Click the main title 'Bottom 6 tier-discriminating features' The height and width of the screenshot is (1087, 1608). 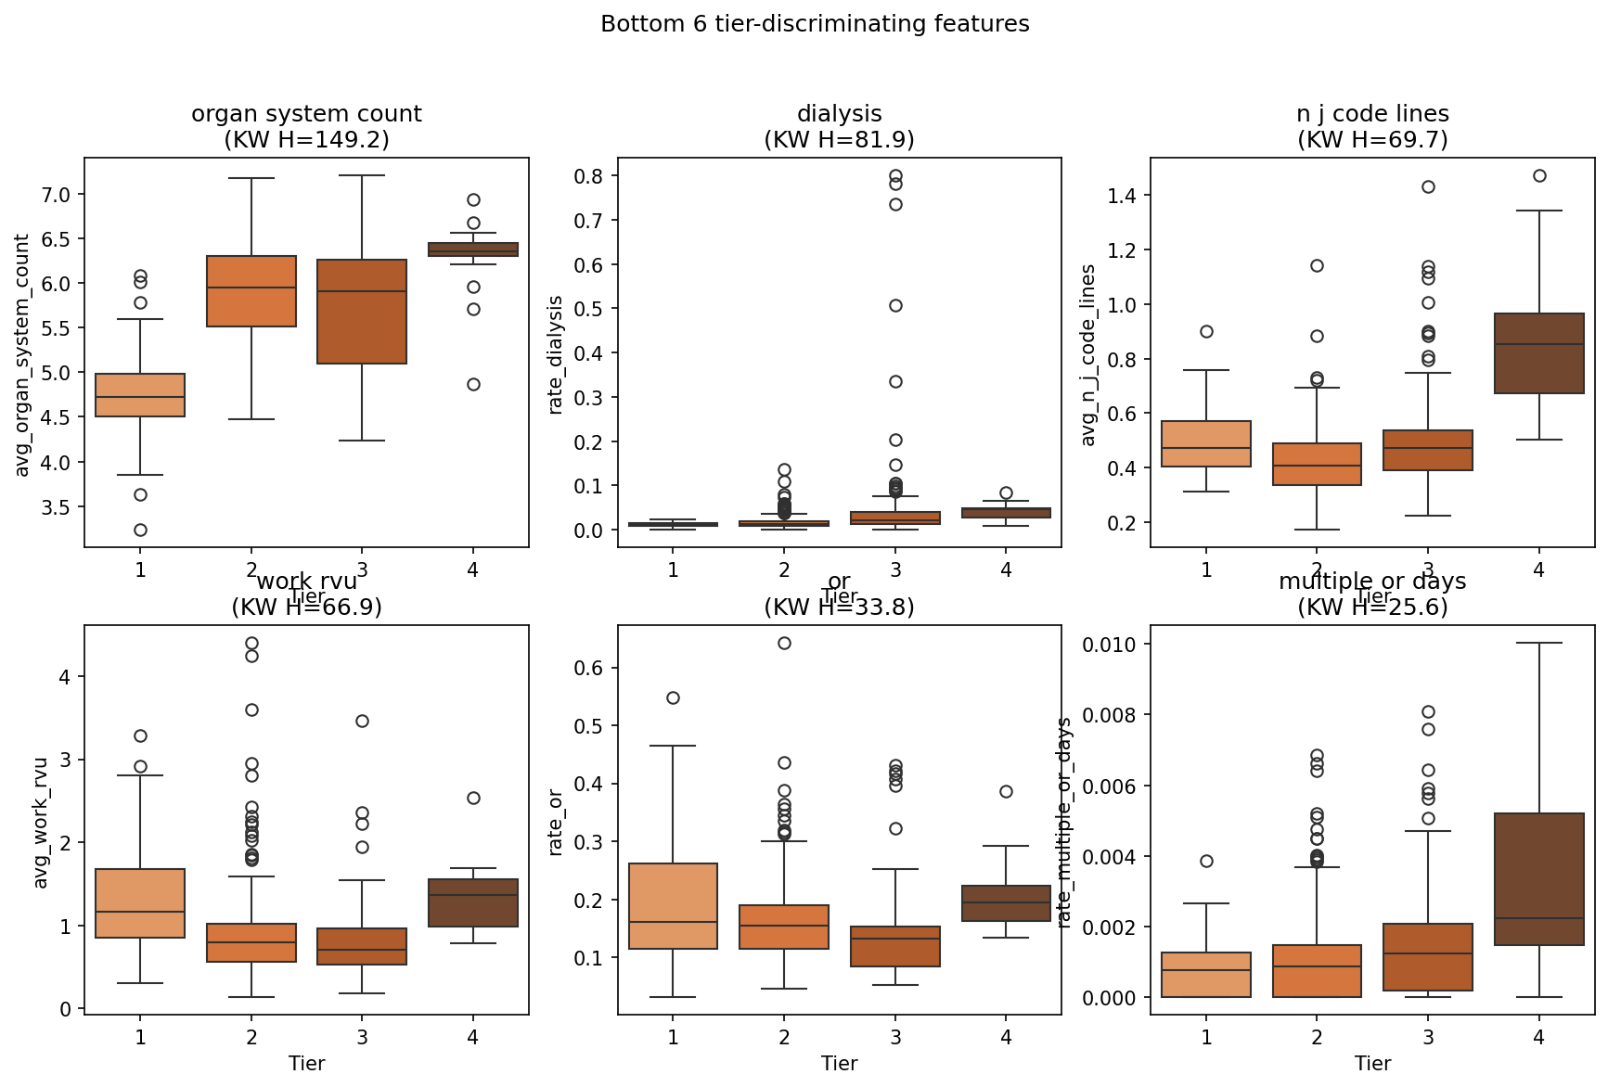point(815,24)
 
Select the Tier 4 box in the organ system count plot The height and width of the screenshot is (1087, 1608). point(473,249)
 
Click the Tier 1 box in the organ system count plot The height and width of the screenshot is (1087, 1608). point(140,395)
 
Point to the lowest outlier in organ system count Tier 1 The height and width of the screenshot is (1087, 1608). point(140,531)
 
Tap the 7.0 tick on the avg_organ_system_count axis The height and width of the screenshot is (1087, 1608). point(58,195)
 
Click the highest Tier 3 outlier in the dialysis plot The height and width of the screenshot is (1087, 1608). point(895,176)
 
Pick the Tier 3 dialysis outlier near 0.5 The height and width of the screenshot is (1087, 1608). point(895,305)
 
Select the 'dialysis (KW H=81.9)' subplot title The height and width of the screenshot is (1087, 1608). point(839,127)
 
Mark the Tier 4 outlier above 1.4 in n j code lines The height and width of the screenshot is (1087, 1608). point(1539,176)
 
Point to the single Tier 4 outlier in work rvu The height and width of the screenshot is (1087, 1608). point(473,798)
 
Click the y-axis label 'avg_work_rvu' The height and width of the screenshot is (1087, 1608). point(41,823)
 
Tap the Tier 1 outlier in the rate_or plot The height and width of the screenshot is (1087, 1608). point(673,697)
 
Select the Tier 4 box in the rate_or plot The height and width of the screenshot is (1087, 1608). point(1006,903)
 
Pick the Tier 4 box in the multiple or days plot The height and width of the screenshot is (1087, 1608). point(1538,879)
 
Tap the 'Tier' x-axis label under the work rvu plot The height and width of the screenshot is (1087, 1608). point(306,1064)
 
